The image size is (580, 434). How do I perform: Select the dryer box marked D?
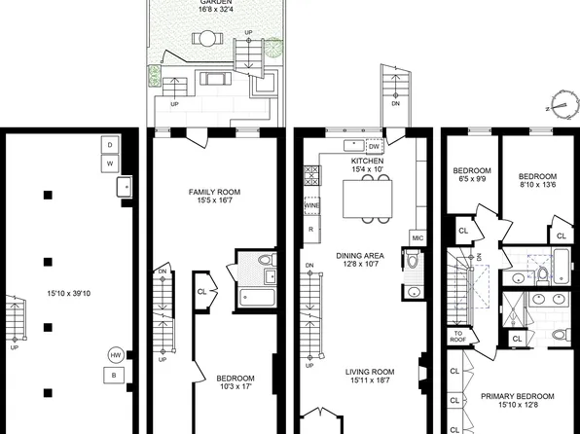[x=110, y=145]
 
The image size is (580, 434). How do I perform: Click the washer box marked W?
[x=110, y=164]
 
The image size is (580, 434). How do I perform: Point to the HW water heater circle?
[x=116, y=355]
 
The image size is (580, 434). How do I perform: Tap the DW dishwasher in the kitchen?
[x=374, y=147]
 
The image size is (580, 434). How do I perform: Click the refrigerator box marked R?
[x=311, y=230]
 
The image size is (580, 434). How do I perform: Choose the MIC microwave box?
[x=417, y=236]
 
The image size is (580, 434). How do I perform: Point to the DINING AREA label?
[x=361, y=255]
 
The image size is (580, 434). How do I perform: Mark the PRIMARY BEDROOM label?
[x=517, y=396]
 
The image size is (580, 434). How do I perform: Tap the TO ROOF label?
[x=459, y=337]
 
